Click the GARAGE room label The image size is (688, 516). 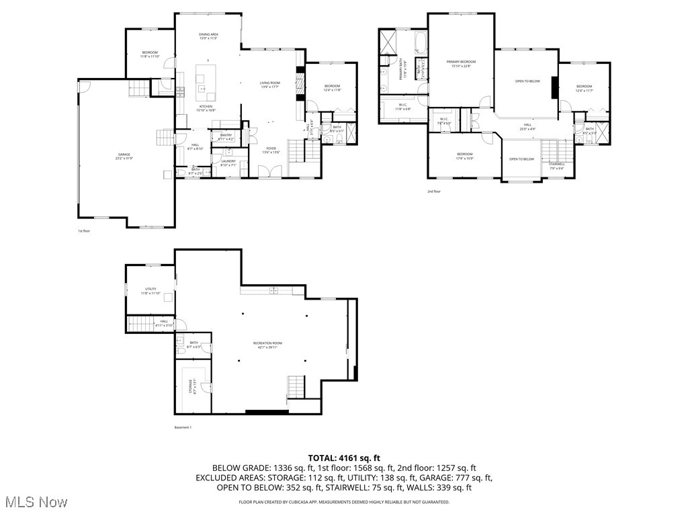(x=124, y=155)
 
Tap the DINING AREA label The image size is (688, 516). (x=208, y=35)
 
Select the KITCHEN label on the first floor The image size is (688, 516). (x=206, y=107)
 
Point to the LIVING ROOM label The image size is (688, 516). (x=270, y=83)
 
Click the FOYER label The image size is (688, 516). (x=271, y=148)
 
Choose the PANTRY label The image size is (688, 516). (x=226, y=136)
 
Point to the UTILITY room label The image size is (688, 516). (x=150, y=290)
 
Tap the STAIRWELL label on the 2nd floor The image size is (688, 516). (x=556, y=164)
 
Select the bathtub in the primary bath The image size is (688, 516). (x=421, y=44)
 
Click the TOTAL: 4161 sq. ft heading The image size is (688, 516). (x=344, y=458)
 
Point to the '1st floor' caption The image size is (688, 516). (x=83, y=230)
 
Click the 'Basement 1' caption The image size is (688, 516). (x=183, y=427)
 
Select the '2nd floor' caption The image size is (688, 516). (x=433, y=191)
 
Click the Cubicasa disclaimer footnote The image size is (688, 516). (x=344, y=502)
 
